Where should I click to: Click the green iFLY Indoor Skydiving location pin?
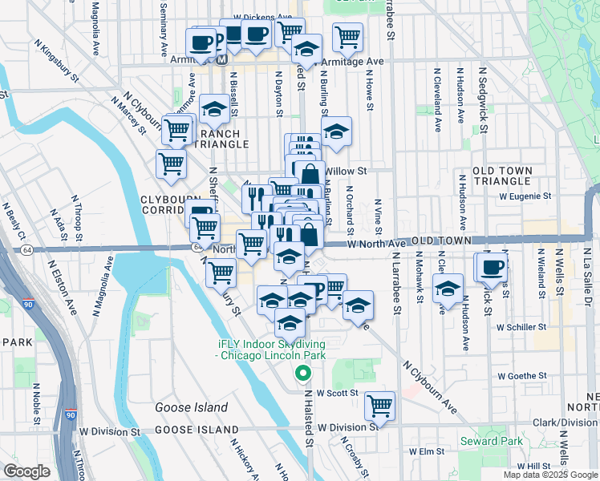[x=302, y=373]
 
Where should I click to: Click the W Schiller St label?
[x=521, y=327]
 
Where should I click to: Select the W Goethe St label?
[x=521, y=375]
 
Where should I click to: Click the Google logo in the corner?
[x=26, y=471]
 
